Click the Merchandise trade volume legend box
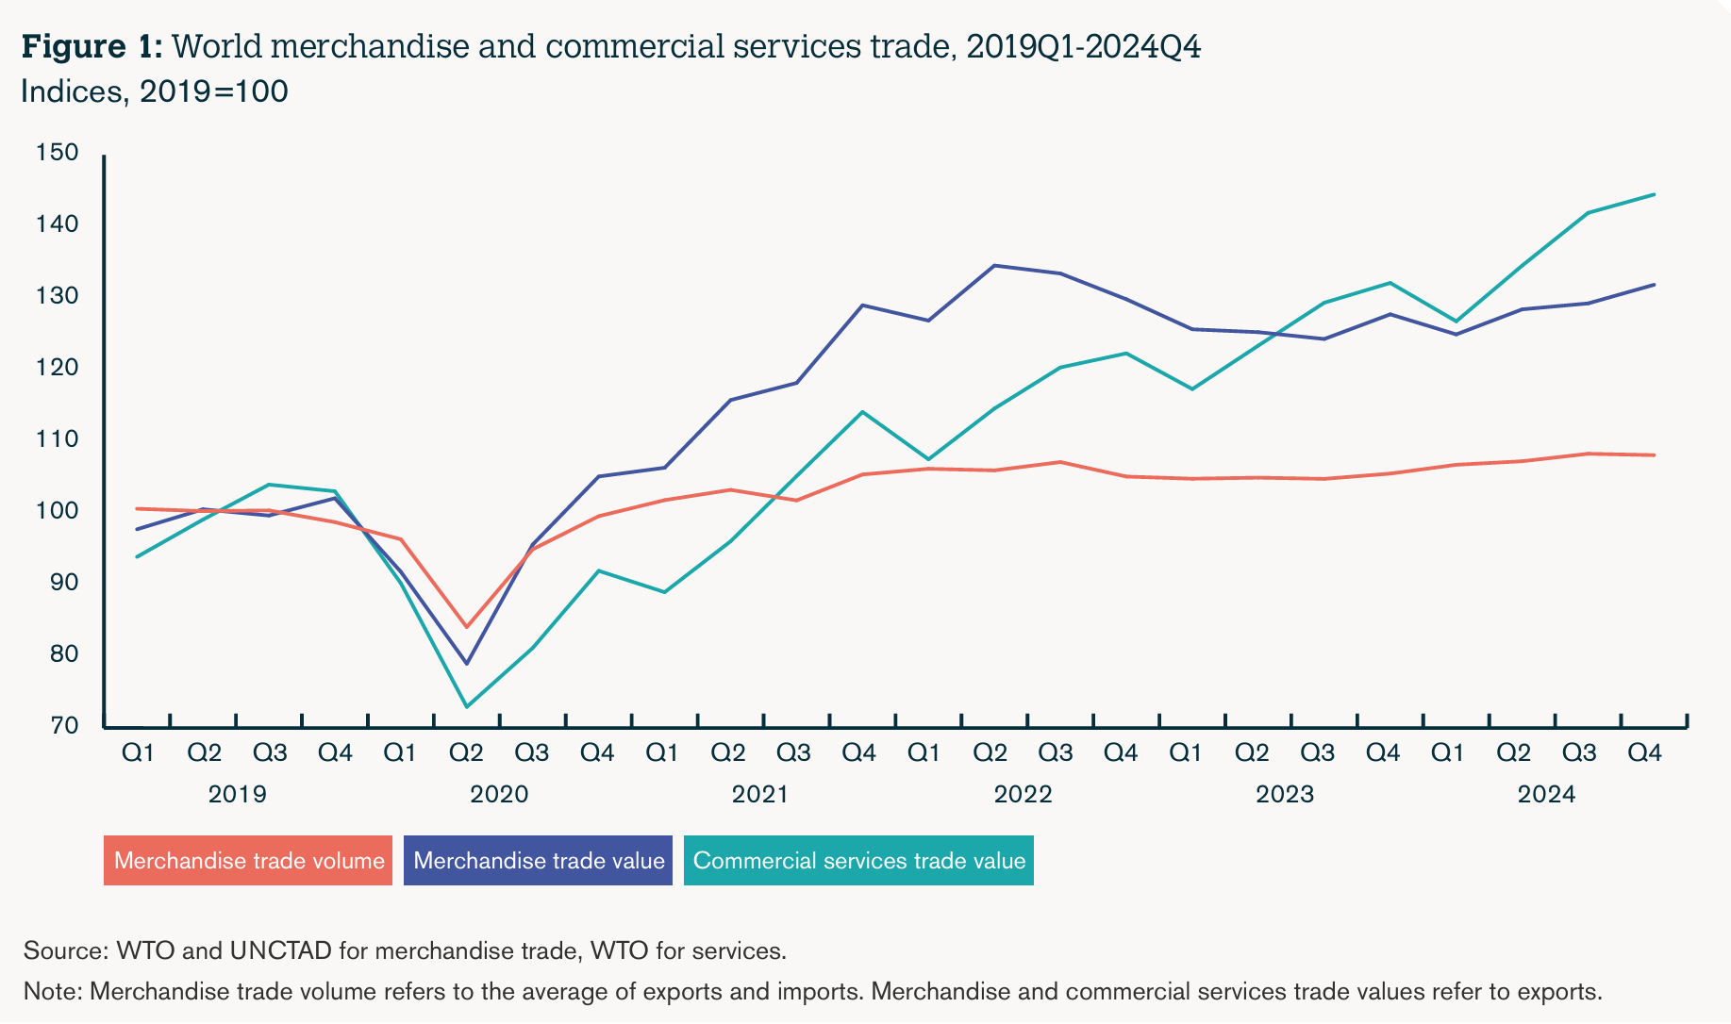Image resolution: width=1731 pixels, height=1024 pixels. point(248,861)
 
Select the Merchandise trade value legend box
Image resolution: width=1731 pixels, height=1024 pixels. point(538,861)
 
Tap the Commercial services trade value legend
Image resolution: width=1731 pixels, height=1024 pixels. point(858,861)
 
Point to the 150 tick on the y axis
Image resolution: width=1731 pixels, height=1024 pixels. point(57,153)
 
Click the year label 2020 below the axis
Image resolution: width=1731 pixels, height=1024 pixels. point(499,794)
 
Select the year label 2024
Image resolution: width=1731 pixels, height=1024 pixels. point(1546,794)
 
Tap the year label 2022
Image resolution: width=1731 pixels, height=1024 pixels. point(1023,794)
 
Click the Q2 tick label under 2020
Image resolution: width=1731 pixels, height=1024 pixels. point(466,752)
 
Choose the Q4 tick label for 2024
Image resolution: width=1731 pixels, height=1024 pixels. point(1645,752)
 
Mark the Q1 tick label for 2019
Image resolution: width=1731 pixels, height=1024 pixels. point(138,752)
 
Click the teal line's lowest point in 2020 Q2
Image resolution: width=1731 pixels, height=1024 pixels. point(466,706)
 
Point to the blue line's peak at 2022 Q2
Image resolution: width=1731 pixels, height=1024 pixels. point(994,266)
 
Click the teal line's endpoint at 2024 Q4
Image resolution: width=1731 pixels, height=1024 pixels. point(1654,194)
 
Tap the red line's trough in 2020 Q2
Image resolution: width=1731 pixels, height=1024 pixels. point(466,627)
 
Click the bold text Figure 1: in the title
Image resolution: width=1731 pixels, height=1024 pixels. point(92,46)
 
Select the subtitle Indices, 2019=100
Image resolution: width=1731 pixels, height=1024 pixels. point(154,92)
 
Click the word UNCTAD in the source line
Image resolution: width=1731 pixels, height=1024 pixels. point(280,950)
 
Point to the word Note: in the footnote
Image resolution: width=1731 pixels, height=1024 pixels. point(53,992)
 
